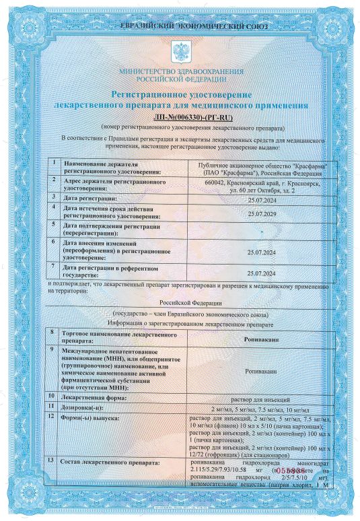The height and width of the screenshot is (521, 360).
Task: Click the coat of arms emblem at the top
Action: [180, 50]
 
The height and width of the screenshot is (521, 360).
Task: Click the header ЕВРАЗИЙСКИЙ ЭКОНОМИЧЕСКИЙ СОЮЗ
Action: [180, 26]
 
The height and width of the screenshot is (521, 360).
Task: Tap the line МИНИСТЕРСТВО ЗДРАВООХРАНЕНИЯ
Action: [180, 71]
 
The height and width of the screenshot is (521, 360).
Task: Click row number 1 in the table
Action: [53, 164]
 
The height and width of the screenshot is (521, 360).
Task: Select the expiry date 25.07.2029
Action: [262, 213]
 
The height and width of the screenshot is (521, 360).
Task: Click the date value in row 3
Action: [262, 199]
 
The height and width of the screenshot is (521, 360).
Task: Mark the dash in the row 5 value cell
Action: [262, 230]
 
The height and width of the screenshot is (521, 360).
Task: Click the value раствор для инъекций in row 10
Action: [262, 398]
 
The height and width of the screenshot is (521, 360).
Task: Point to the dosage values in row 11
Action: [262, 408]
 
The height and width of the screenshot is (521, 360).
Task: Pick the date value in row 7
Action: [262, 274]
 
